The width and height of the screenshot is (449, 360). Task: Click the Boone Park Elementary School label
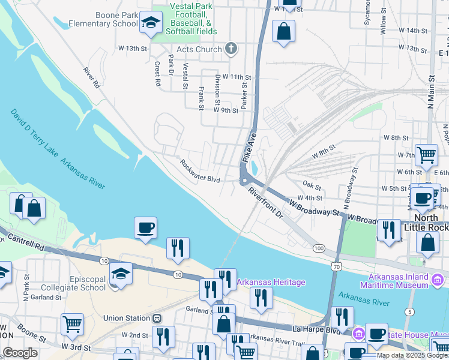click(x=103, y=19)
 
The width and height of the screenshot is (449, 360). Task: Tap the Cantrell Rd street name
click(x=22, y=243)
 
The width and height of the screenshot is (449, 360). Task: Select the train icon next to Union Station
click(x=157, y=318)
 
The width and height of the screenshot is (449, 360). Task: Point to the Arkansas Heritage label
click(x=271, y=282)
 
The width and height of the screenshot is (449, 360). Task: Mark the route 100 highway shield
click(x=318, y=248)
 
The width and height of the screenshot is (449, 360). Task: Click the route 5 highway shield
click(x=409, y=311)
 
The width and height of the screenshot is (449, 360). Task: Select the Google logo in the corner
click(x=20, y=353)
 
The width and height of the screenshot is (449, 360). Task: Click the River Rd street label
click(x=92, y=78)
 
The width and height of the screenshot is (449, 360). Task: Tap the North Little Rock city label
click(x=429, y=223)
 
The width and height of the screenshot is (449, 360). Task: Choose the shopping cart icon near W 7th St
click(x=426, y=155)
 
